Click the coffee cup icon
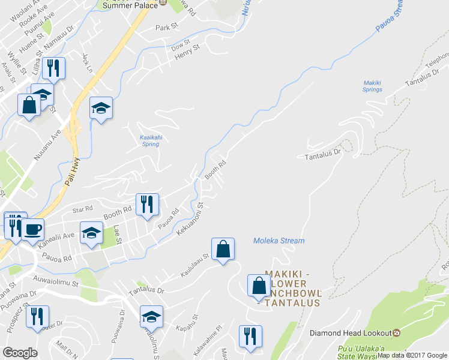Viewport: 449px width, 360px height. [x=32, y=229]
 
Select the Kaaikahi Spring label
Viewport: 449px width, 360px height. [x=149, y=140]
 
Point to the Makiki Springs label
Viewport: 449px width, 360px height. [x=372, y=86]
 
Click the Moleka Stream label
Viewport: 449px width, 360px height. [x=279, y=241]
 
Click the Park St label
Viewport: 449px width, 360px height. [x=167, y=28]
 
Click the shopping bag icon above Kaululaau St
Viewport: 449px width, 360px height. [x=223, y=248]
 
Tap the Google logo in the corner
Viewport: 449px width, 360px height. [x=20, y=352]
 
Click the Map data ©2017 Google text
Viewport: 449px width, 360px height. [x=412, y=355]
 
